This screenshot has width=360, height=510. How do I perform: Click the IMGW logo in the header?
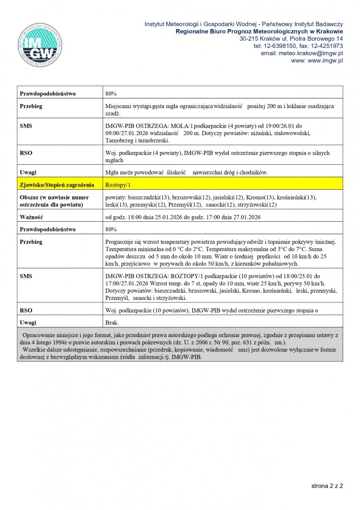coord(40,45)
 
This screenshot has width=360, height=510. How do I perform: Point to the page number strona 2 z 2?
coord(327,486)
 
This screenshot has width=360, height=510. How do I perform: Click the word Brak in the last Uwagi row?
coord(112,323)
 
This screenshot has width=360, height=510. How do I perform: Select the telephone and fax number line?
coord(298,45)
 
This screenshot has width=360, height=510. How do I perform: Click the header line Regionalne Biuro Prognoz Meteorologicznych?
coord(259,31)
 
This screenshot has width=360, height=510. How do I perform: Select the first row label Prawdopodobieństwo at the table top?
coord(47,94)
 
